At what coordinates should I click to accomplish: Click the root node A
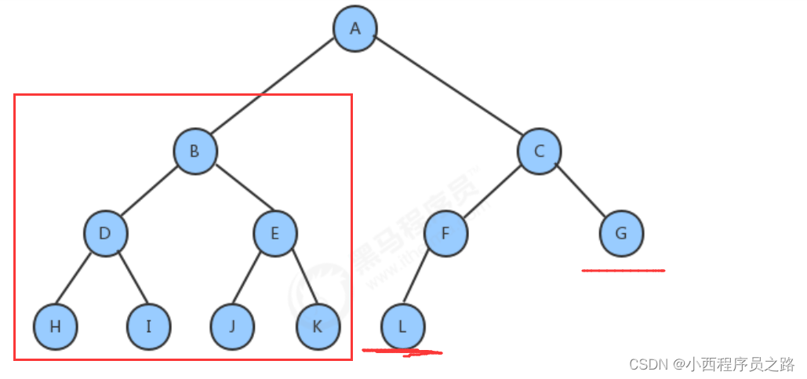pos(354,29)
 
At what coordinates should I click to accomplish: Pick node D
pos(106,233)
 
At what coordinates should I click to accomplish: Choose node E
pos(274,233)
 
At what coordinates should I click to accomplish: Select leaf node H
pos(56,326)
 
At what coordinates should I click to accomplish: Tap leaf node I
pos(148,326)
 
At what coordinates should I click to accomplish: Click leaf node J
pos(232,326)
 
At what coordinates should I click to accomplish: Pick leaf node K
pos(318,326)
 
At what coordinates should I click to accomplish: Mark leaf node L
pos(403,326)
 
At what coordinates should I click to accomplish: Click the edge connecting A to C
pos(447,89)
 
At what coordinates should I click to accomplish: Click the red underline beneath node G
pos(623,271)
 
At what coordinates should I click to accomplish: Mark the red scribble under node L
pos(403,352)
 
